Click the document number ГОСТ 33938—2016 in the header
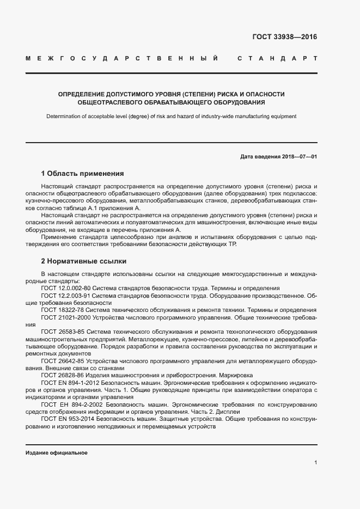284,37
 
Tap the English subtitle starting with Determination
171,116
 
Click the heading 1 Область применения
82,174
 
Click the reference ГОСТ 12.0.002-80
66,289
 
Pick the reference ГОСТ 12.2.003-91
66,296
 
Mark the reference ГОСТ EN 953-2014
68,420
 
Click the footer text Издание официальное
56,453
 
